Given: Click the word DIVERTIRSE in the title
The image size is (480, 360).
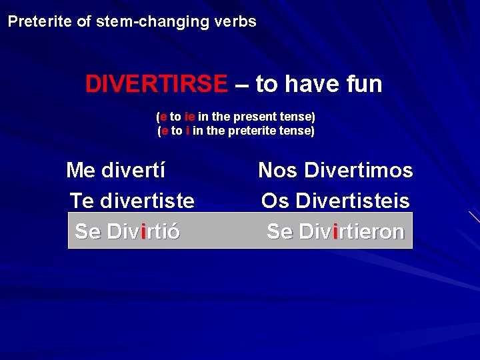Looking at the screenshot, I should [156, 85].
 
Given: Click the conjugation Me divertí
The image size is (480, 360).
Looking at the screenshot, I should [116, 171].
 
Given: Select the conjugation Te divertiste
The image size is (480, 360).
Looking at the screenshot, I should [132, 201].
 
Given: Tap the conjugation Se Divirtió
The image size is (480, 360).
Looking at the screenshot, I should [127, 232].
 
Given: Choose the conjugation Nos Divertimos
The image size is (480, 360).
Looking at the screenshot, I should [335, 171].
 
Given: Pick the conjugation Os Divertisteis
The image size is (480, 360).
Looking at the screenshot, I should [335, 201].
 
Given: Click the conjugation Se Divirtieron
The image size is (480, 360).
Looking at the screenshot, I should [335, 232].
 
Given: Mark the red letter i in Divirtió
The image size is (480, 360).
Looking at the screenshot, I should [144, 232].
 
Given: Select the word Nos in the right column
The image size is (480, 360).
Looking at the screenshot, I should [277, 171].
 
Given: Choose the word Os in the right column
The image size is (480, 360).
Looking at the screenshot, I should [275, 201].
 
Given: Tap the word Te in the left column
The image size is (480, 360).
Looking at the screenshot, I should [82, 201].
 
